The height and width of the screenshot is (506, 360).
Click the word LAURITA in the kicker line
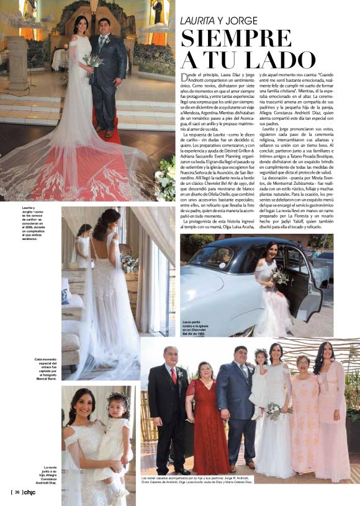199,20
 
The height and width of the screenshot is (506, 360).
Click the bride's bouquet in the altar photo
93,61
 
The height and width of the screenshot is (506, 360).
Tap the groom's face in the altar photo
103,27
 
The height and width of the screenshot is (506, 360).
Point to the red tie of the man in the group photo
173,375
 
